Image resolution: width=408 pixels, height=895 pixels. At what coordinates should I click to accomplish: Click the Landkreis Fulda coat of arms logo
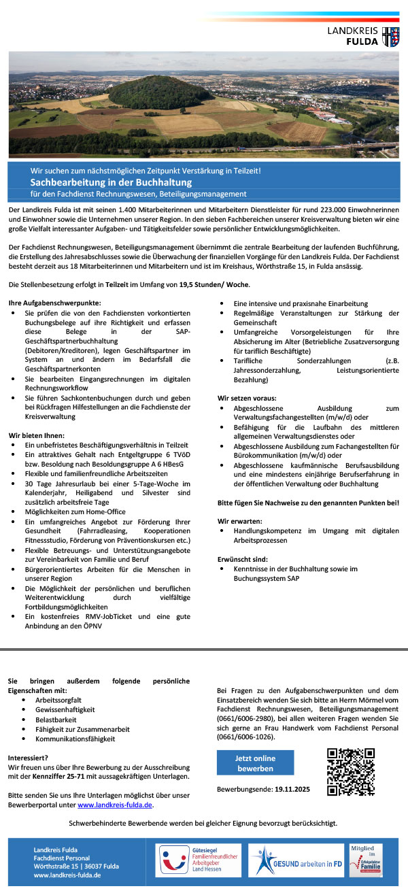pos(390,37)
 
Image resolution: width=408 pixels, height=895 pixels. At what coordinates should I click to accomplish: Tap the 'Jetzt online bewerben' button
pos(255,763)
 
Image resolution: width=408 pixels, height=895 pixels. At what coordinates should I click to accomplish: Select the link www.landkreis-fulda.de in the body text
pos(115,805)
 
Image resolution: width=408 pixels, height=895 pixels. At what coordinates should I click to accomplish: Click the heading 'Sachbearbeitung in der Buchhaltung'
pos(111,182)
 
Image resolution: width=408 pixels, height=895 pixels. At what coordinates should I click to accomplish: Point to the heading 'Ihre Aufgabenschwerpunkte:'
pos(54,301)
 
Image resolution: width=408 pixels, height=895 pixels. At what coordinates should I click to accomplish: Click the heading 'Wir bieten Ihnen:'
pos(36,435)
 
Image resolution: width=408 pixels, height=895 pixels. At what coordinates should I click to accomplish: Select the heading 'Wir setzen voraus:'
pos(247,396)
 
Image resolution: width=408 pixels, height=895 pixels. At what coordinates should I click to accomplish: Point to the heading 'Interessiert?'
pos(28,757)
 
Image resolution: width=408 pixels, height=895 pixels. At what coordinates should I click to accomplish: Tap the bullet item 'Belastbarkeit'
pos(56,718)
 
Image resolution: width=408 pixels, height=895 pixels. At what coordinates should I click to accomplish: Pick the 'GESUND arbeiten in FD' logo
pos(296,862)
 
